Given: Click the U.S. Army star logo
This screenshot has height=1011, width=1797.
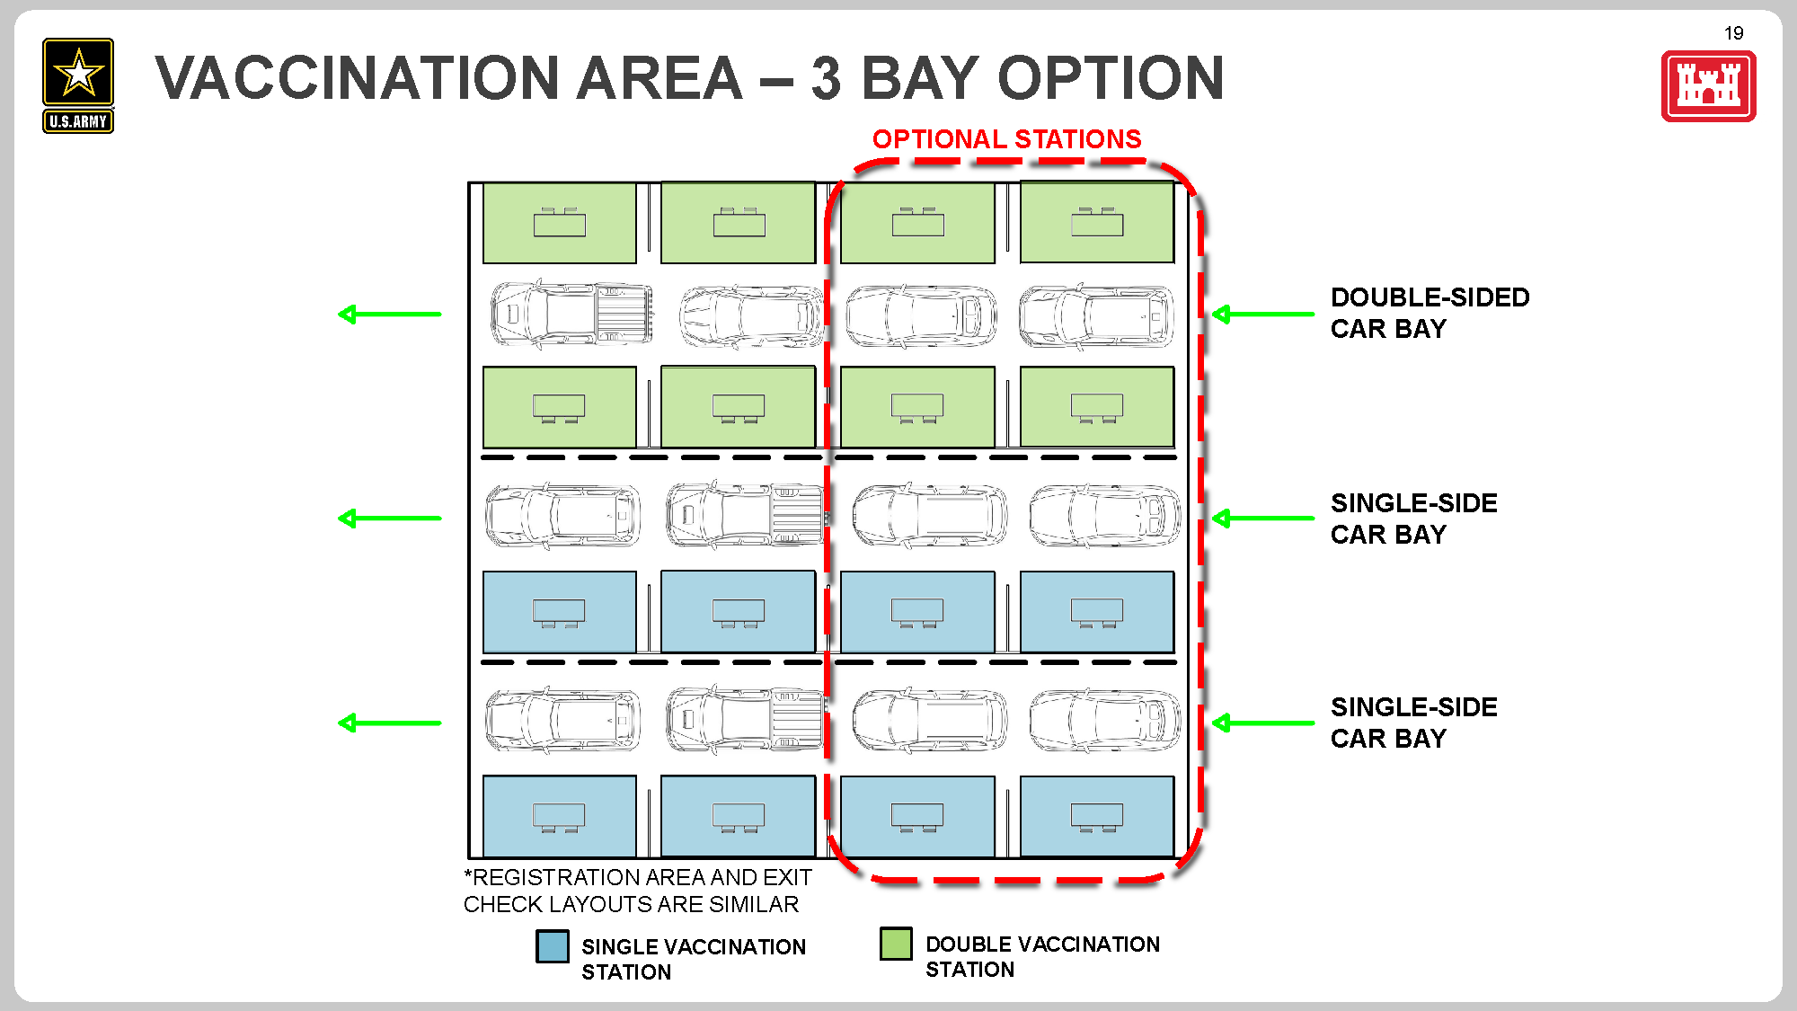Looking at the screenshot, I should [78, 85].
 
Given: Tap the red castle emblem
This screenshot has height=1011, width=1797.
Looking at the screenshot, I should [1708, 86].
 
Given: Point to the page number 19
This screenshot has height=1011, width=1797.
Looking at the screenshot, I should [1733, 33].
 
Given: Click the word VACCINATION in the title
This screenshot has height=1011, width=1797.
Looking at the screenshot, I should [359, 78].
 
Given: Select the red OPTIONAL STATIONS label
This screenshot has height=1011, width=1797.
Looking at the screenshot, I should [1006, 139].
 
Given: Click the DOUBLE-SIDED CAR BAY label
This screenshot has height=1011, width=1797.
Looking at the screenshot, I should [1429, 313].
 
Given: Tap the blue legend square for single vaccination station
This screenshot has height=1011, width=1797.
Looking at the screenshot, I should [552, 946].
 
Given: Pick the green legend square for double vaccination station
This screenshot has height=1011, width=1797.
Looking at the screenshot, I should [896, 944].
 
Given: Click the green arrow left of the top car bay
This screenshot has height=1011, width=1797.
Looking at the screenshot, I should [389, 314].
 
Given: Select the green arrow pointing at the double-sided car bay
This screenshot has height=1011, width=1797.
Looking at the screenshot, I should [1262, 314].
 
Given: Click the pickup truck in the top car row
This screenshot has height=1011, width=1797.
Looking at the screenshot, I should [571, 314].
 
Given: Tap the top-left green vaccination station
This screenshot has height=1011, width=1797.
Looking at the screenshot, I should [559, 223].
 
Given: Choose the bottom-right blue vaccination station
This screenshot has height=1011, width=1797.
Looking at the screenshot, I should [1096, 816].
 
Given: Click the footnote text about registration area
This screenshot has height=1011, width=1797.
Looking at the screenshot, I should [637, 891].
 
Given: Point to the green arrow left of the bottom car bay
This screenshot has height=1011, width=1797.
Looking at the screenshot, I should [389, 723].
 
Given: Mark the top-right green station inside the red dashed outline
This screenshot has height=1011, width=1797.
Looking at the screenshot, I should [1096, 223].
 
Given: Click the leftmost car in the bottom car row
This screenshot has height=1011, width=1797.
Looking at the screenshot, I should [562, 721].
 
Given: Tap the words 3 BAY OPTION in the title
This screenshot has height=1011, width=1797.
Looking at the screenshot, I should [1016, 78].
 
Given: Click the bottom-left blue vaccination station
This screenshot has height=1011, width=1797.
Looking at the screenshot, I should [559, 816].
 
